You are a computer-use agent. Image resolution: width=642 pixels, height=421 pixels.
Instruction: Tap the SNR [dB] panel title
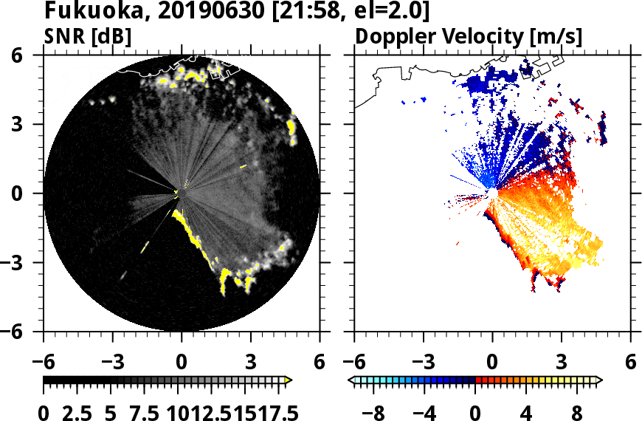click(88, 35)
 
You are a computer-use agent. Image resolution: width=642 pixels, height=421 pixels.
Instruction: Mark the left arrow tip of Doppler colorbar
click(350, 380)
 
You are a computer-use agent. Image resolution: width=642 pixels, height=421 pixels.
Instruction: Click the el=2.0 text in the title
click(388, 12)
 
